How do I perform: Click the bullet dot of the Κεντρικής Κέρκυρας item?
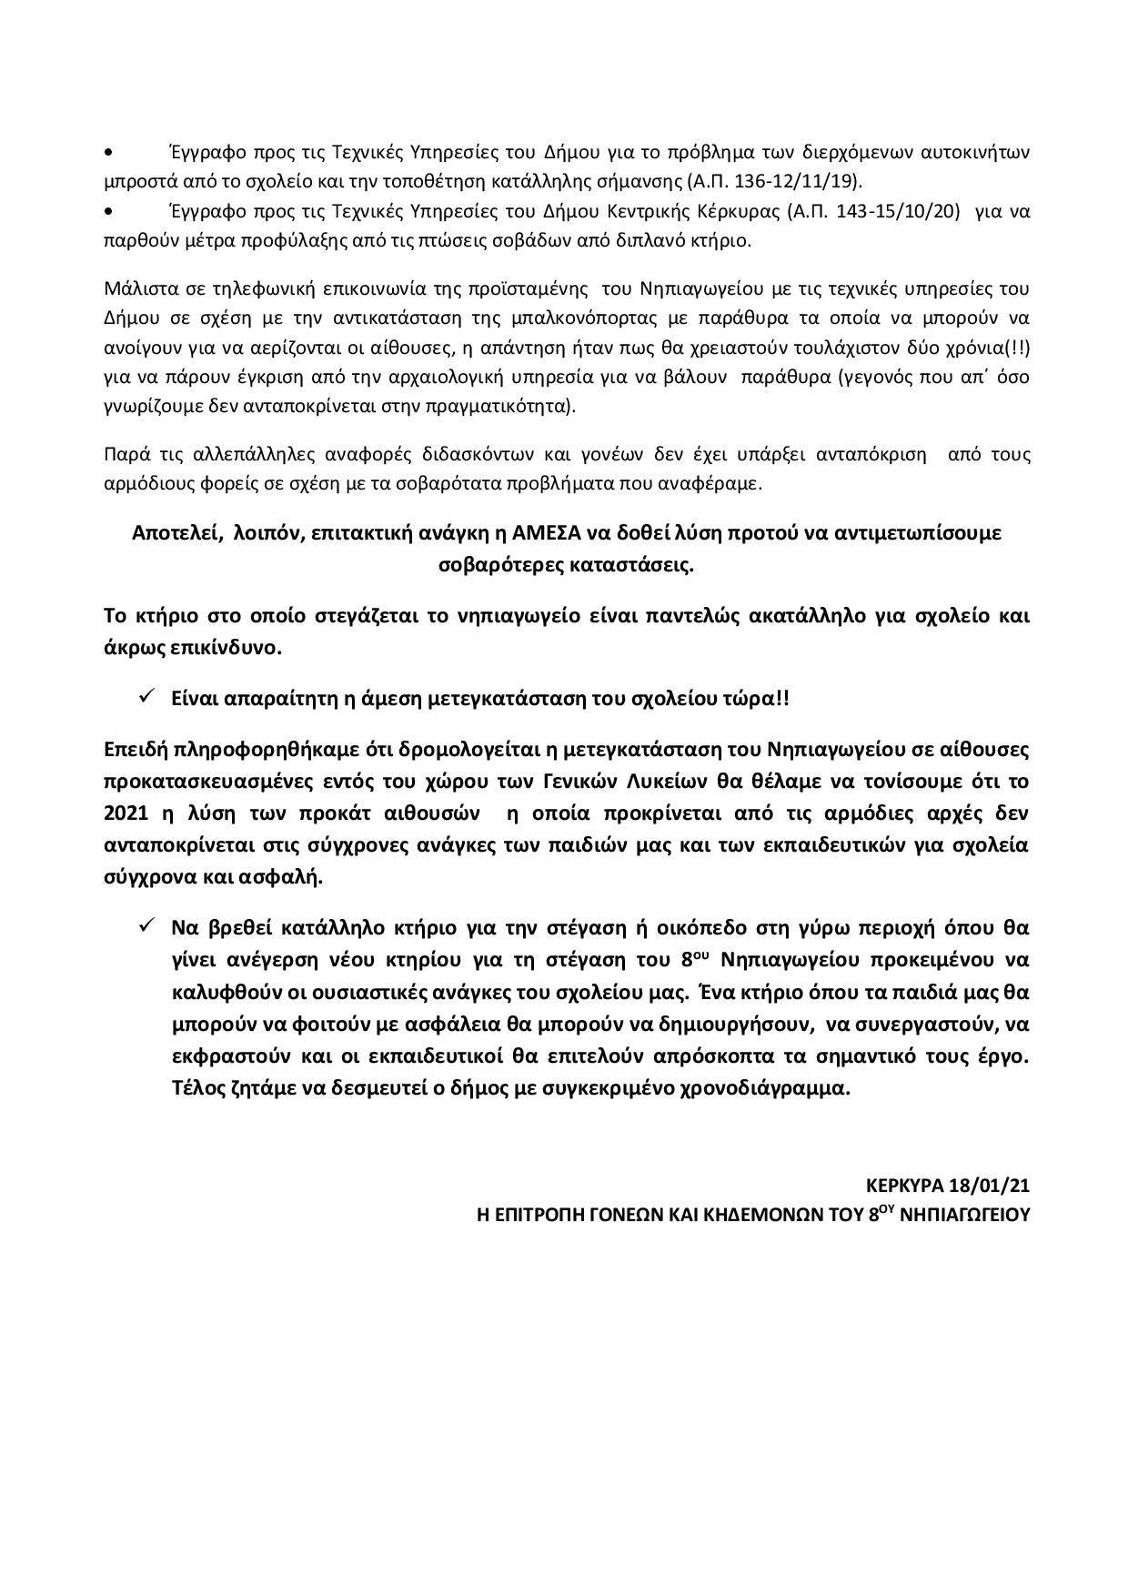point(110,212)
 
